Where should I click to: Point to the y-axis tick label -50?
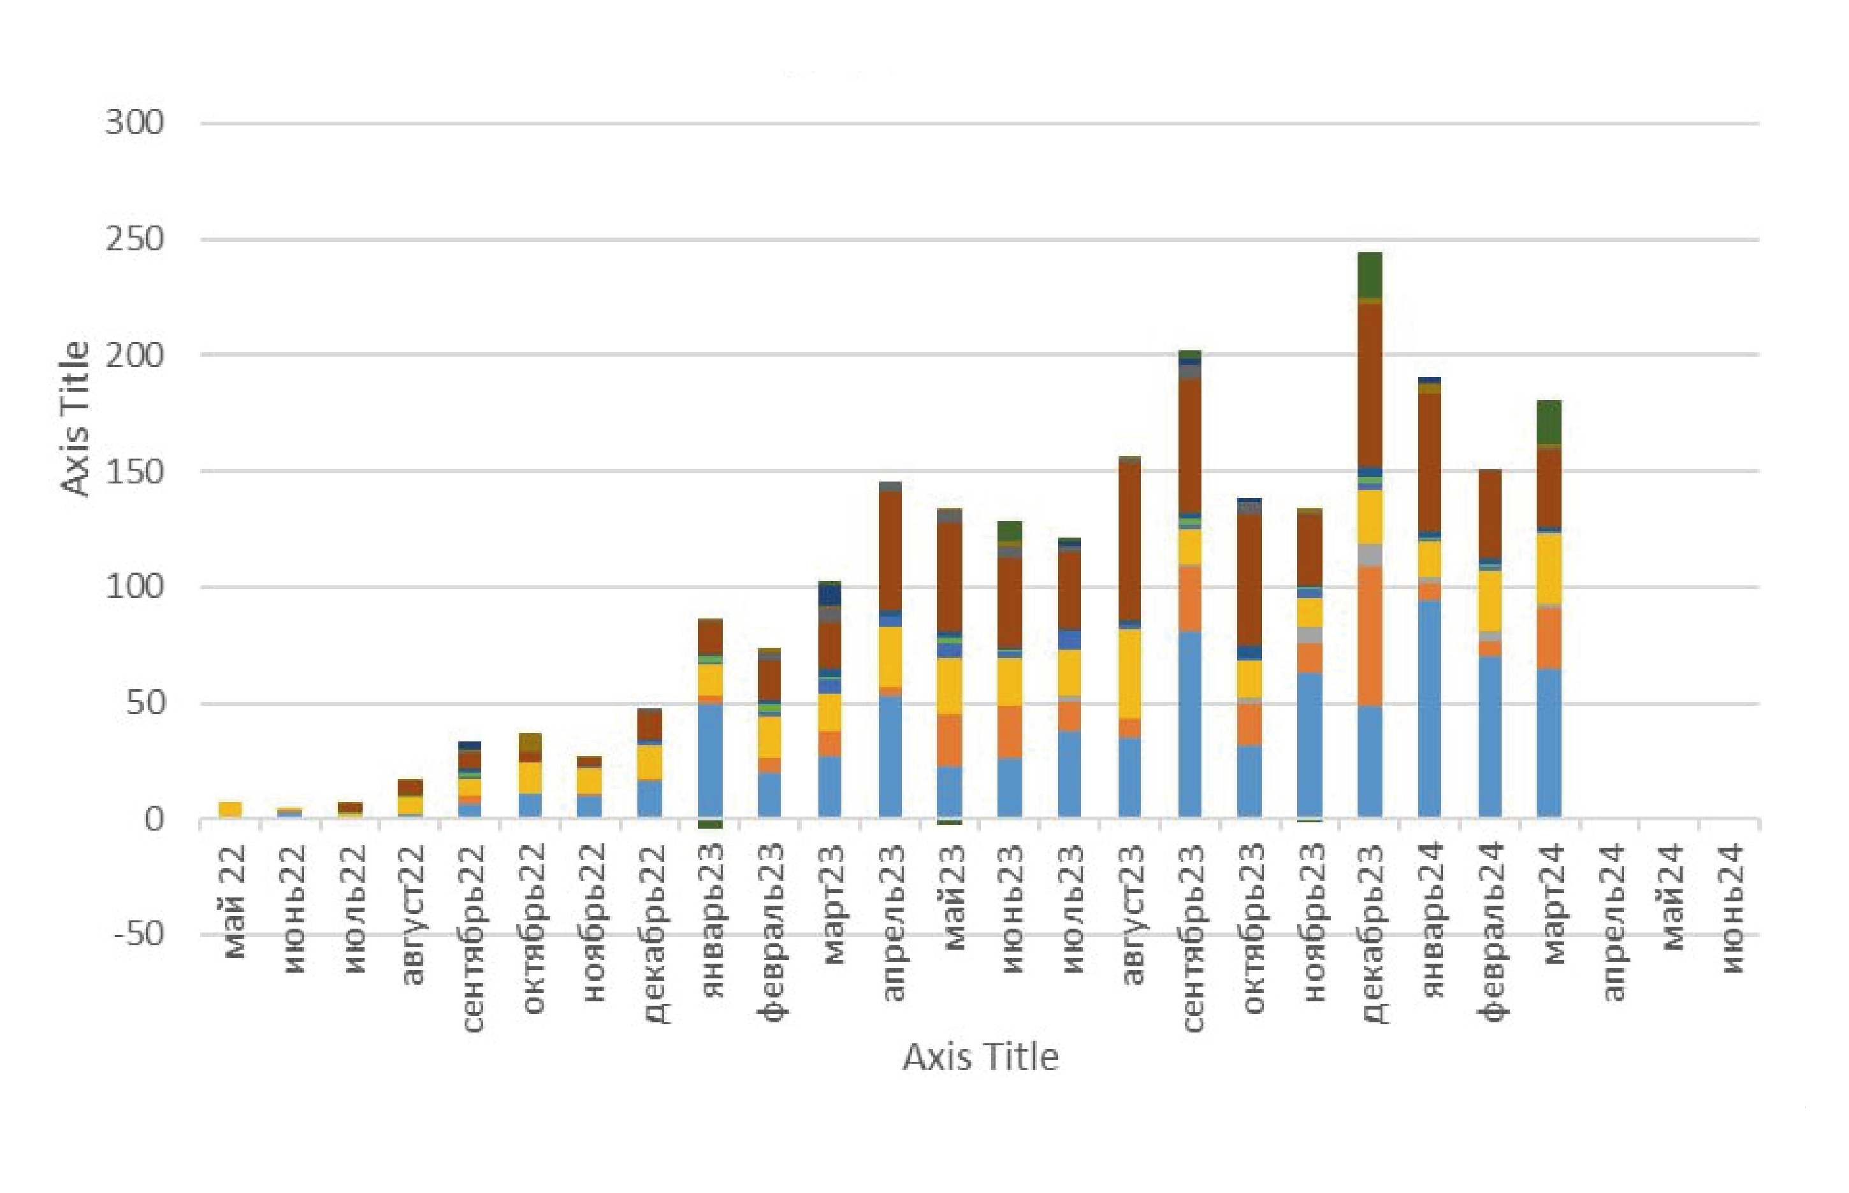[139, 934]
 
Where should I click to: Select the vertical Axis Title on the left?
[75, 418]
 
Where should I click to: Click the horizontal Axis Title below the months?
[980, 1057]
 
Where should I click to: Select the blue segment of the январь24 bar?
[1430, 709]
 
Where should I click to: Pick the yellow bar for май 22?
[230, 809]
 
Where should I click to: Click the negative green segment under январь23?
[710, 824]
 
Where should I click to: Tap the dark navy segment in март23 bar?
[830, 595]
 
